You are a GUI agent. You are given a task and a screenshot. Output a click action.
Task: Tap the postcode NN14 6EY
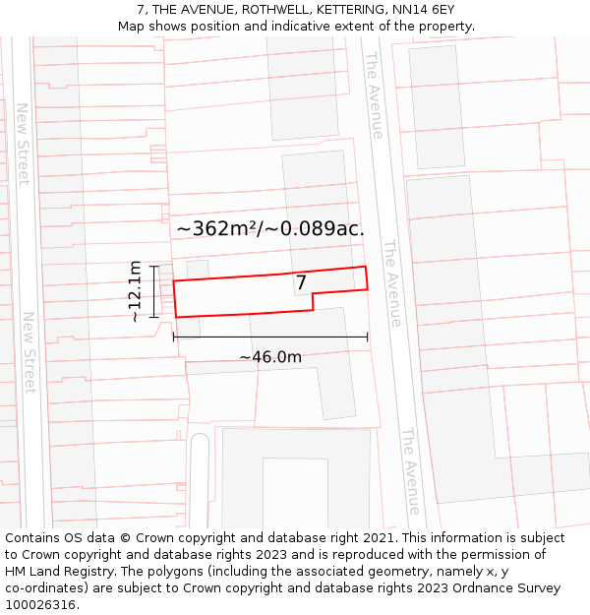tap(422, 10)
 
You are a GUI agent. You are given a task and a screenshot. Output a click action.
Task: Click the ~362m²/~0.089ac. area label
tap(270, 228)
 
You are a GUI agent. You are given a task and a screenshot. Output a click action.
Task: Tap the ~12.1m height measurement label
tap(135, 291)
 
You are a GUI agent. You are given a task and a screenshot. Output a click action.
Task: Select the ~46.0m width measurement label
tap(270, 357)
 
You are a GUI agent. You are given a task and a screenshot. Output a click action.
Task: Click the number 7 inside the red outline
tap(302, 283)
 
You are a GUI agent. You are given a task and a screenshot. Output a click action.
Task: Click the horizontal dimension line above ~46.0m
tap(270, 337)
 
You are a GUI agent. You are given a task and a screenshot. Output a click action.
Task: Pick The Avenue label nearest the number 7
tap(392, 283)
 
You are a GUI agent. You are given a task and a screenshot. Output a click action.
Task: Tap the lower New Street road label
tap(29, 352)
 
